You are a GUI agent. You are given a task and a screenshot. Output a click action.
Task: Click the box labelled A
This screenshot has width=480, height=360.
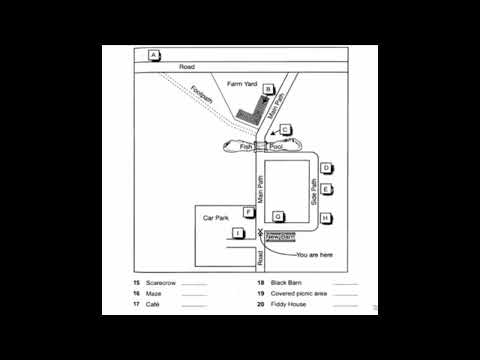click(153, 54)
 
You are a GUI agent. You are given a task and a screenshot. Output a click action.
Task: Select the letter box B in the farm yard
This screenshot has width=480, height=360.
click(268, 90)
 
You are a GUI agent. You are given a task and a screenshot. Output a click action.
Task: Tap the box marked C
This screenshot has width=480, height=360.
click(284, 130)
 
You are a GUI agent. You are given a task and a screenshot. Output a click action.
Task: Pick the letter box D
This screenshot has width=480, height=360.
click(326, 169)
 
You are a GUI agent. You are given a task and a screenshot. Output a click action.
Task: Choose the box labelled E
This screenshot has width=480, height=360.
click(326, 190)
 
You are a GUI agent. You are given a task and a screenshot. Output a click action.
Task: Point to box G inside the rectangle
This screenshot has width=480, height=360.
click(279, 215)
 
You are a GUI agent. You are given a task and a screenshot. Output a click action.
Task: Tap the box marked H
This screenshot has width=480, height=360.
click(326, 218)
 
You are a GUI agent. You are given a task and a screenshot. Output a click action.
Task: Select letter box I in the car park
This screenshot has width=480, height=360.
click(237, 233)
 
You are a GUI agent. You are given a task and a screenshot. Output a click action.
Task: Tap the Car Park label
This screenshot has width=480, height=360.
click(217, 217)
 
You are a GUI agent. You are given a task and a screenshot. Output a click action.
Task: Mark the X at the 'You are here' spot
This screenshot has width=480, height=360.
click(259, 233)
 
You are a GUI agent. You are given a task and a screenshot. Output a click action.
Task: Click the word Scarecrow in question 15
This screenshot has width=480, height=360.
click(160, 283)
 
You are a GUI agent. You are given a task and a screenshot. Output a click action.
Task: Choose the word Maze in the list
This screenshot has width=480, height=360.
click(153, 294)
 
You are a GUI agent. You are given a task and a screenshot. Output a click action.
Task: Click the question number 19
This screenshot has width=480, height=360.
click(261, 294)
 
